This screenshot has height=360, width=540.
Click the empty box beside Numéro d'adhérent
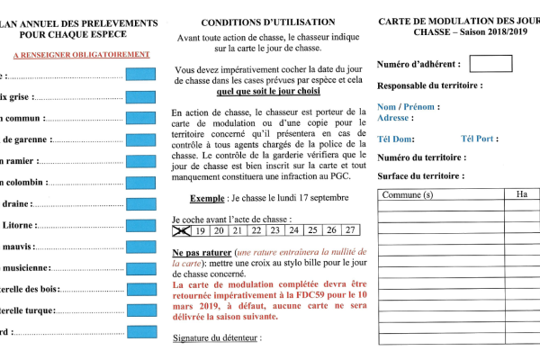(490, 64)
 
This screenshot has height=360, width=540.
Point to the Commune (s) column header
(408, 194)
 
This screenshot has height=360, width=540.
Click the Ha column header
(522, 194)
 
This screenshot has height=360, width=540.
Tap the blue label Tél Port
(478, 139)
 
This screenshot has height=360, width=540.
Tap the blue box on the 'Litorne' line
(140, 225)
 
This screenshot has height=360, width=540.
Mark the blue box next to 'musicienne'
(140, 267)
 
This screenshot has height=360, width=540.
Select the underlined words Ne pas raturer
(201, 255)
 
